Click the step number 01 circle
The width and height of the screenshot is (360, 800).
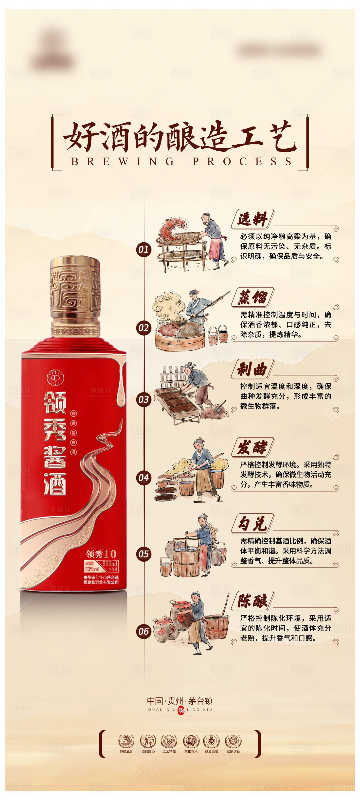pyautogui.click(x=144, y=249)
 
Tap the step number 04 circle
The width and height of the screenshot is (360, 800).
pyautogui.click(x=144, y=477)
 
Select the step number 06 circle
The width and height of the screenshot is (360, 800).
pyautogui.click(x=144, y=631)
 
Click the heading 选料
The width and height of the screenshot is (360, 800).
pyautogui.click(x=252, y=219)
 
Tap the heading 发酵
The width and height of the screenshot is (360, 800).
pyautogui.click(x=252, y=447)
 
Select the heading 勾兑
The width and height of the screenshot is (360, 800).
pyautogui.click(x=252, y=523)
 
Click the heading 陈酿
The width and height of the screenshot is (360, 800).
pyautogui.click(x=252, y=601)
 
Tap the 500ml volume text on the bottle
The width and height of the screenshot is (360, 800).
pyautogui.click(x=110, y=563)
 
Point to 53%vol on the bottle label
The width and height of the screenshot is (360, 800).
pyautogui.click(x=92, y=569)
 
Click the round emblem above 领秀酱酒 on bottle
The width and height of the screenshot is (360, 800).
pyautogui.click(x=55, y=378)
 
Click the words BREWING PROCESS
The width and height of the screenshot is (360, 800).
pyautogui.click(x=181, y=161)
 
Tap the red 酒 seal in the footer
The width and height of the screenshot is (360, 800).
pyautogui.click(x=181, y=710)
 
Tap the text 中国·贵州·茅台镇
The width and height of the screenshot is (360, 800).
pyautogui.click(x=180, y=701)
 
